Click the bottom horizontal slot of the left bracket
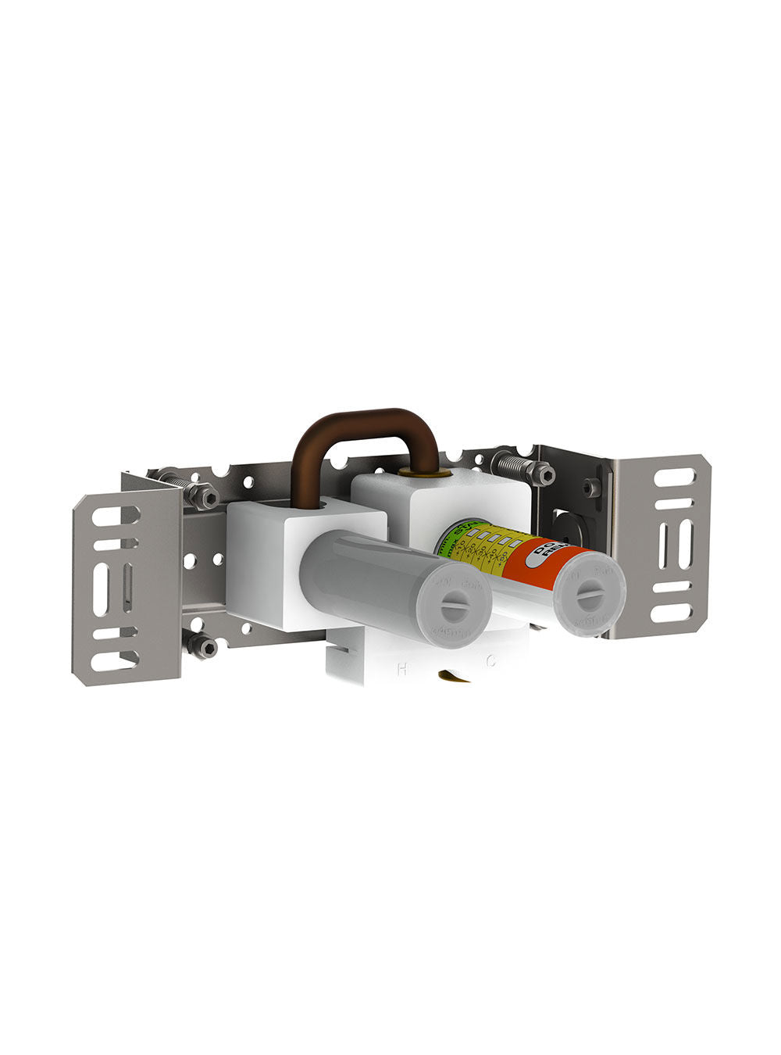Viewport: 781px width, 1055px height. (114, 660)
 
